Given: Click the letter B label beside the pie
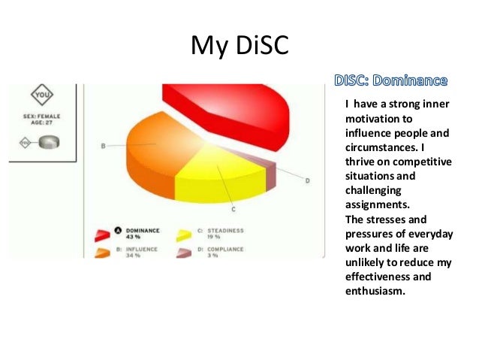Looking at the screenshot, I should click(103, 146).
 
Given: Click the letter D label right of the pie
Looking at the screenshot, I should click(307, 180).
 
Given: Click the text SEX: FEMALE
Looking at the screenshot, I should click(44, 116).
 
